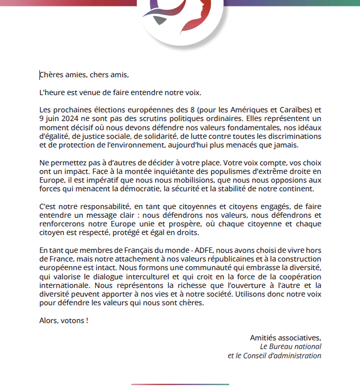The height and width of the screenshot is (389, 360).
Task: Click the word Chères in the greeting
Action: tap(51, 75)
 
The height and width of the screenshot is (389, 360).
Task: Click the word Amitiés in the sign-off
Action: tap(264, 338)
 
